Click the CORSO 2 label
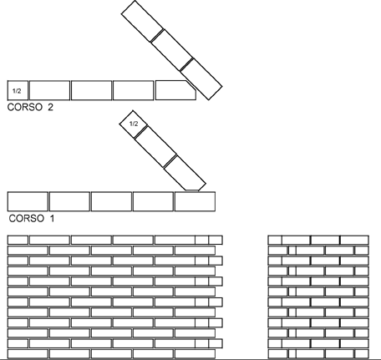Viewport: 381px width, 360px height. [x=30, y=107]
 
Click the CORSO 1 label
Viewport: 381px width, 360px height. [x=32, y=218]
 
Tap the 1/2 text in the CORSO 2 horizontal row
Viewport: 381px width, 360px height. [x=17, y=91]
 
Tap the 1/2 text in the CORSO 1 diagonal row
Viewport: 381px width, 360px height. [x=134, y=124]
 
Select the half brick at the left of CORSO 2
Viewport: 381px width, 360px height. [x=18, y=90]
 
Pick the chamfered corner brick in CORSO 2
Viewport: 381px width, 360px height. [x=175, y=90]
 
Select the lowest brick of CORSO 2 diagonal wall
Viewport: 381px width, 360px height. [x=201, y=79]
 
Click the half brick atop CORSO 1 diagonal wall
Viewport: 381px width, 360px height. [x=134, y=124]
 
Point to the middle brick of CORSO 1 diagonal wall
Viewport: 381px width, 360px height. [x=155, y=147]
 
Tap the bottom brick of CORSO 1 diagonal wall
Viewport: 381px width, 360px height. [x=185, y=173]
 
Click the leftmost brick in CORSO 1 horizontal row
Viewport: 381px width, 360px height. [x=28, y=201]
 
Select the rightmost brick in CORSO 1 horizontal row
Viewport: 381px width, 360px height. [x=196, y=201]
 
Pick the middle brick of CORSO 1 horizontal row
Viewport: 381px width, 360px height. [x=111, y=201]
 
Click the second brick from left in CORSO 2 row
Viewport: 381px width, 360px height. [x=49, y=90]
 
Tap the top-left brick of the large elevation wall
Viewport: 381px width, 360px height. [x=18, y=240]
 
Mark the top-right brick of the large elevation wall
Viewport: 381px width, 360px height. [x=216, y=240]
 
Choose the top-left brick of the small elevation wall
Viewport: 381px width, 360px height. [x=275, y=240]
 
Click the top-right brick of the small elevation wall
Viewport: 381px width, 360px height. [x=354, y=240]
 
